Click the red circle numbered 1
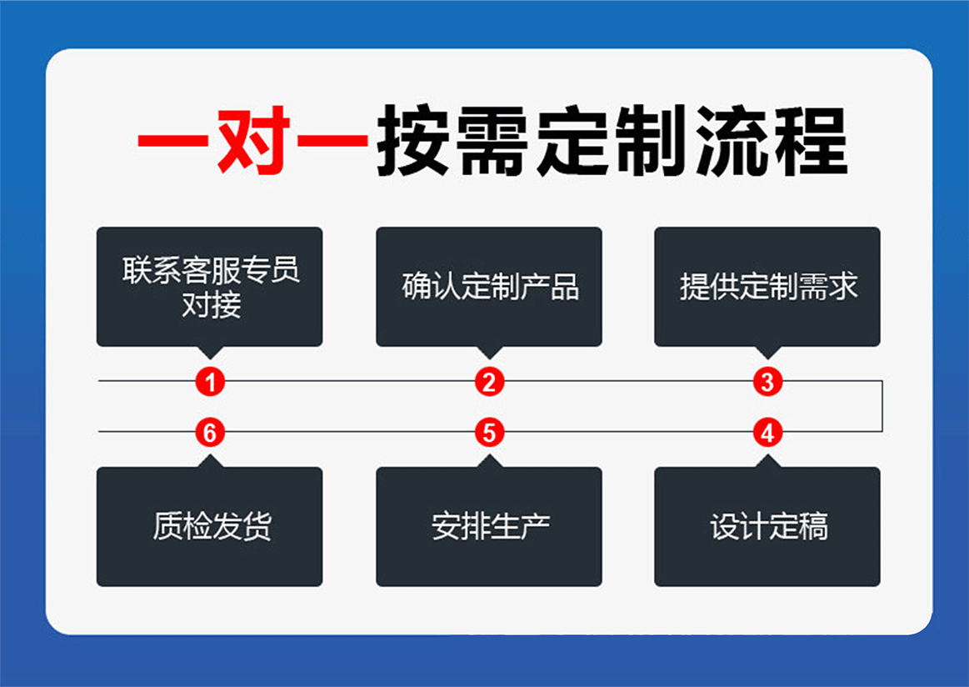point(210,383)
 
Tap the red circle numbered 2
point(489,383)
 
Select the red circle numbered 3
point(767,383)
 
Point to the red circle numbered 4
point(767,433)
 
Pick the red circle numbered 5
point(489,433)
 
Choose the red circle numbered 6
point(210,433)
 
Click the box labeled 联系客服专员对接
point(209,286)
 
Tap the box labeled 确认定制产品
point(489,286)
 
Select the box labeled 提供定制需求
point(767,286)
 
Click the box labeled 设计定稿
point(767,527)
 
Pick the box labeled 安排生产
point(489,527)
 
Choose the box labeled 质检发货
point(209,527)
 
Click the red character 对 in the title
point(253,142)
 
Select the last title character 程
point(810,142)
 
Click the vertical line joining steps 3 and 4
point(882,407)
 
